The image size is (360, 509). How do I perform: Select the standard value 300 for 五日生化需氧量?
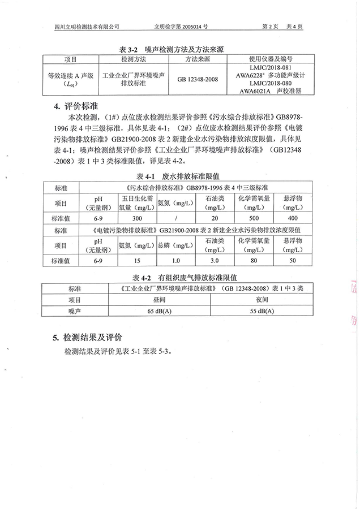(x=136, y=218)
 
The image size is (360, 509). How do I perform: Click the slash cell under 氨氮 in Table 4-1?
(x=176, y=218)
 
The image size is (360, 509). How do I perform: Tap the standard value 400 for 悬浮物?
(x=292, y=218)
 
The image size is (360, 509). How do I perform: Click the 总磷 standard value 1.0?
(x=175, y=261)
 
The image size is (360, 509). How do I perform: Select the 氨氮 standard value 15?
(x=136, y=261)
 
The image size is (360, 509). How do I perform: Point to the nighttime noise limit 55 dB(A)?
(x=262, y=310)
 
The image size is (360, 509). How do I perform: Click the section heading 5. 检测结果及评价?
(x=87, y=338)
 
